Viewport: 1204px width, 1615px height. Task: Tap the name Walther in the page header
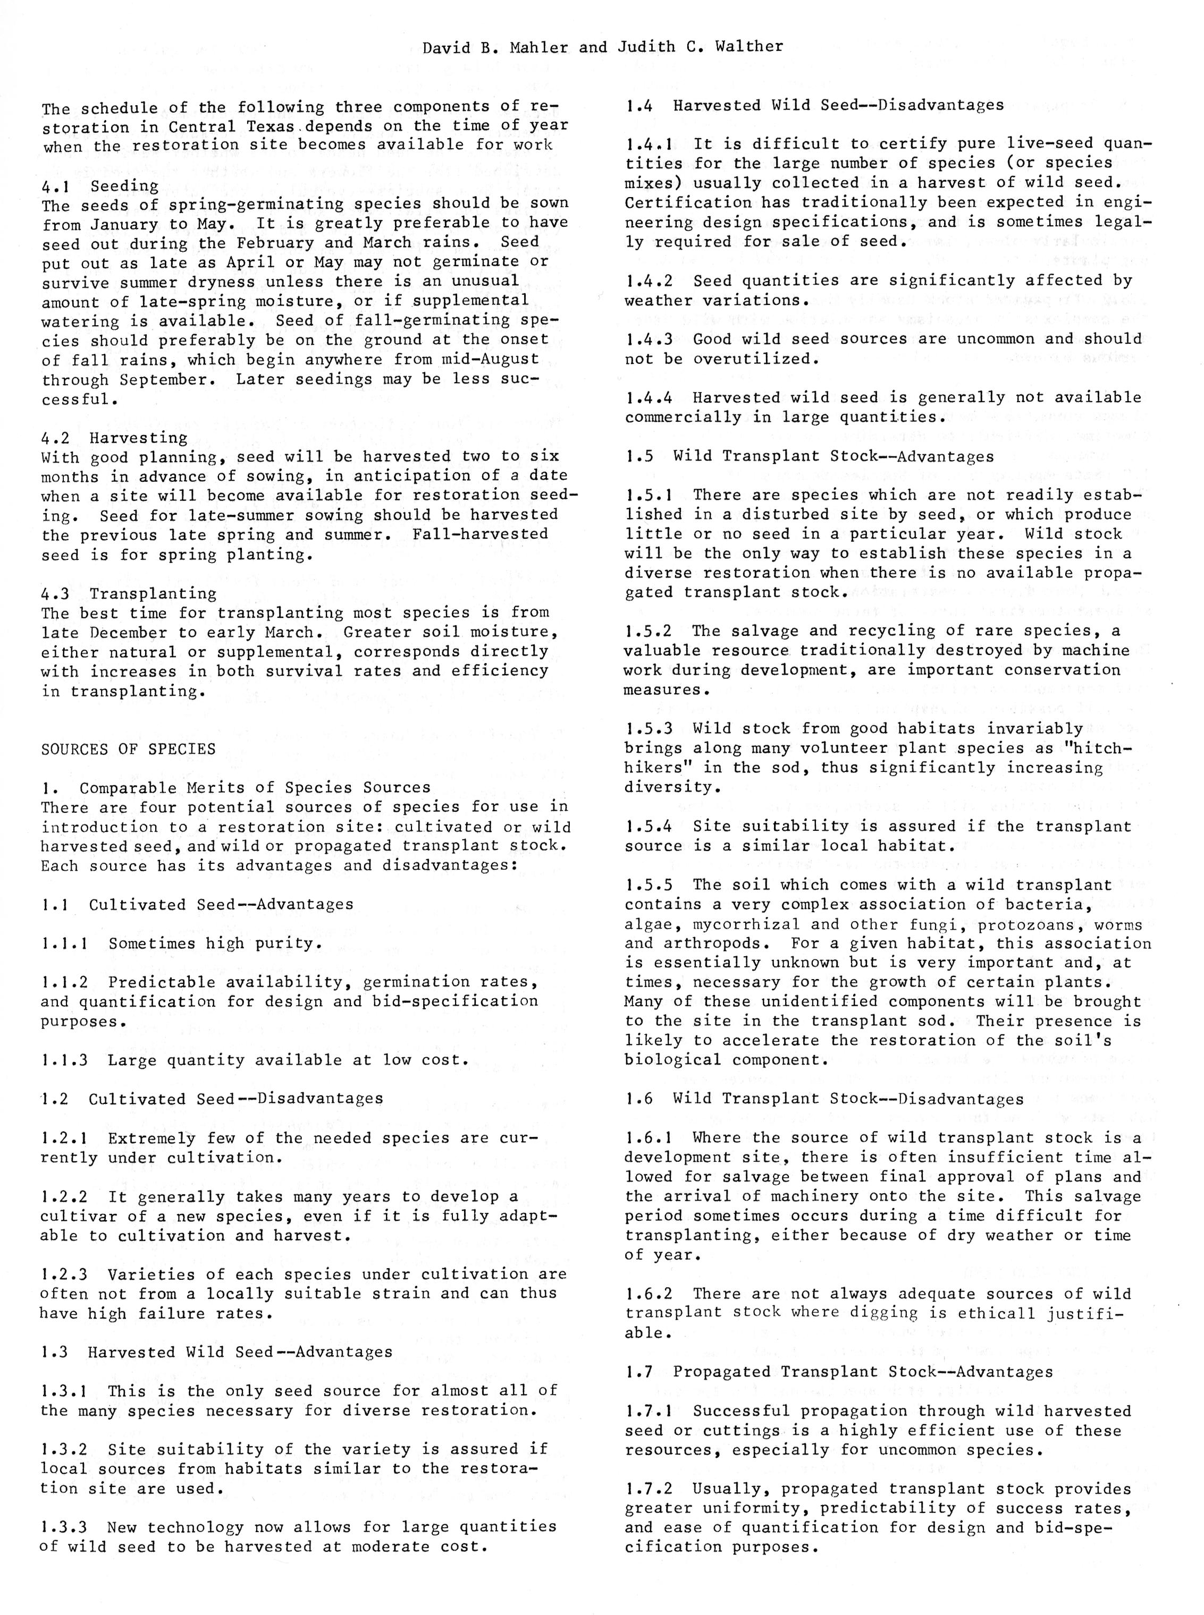(x=747, y=47)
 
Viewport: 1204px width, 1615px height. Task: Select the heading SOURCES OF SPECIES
(x=128, y=750)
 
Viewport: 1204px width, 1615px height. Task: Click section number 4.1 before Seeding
(x=55, y=186)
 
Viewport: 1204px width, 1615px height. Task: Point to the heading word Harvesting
(x=139, y=438)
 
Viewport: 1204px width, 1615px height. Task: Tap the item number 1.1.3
(x=64, y=1060)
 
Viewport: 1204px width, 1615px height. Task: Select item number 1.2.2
(x=64, y=1197)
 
